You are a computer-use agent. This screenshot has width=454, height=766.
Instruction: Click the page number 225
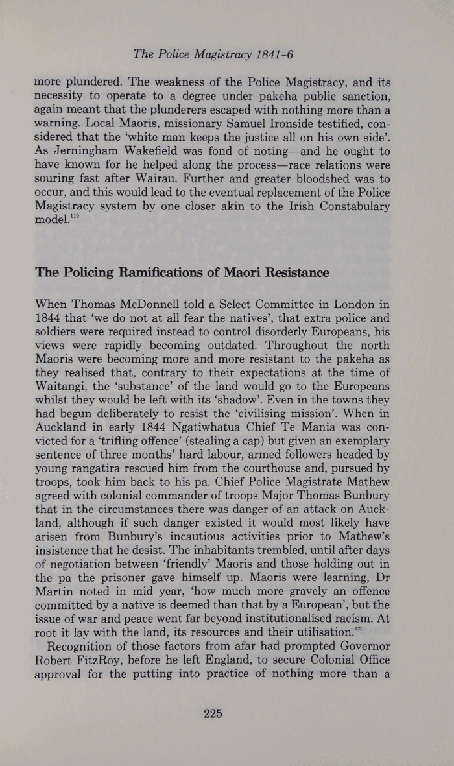pos(213,714)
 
